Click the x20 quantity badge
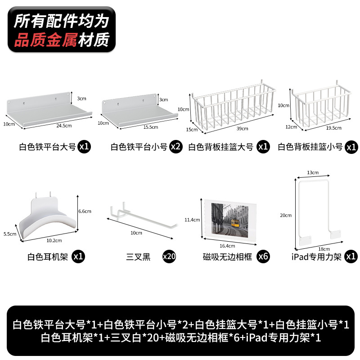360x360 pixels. pyautogui.click(x=169, y=257)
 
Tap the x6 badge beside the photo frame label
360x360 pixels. pyautogui.click(x=263, y=257)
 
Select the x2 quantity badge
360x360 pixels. pyautogui.click(x=176, y=147)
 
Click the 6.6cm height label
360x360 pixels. pyautogui.click(x=85, y=211)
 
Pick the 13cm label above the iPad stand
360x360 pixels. pyautogui.click(x=312, y=172)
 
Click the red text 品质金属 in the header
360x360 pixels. pyautogui.click(x=45, y=41)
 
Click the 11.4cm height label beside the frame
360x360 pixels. pyautogui.click(x=192, y=220)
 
